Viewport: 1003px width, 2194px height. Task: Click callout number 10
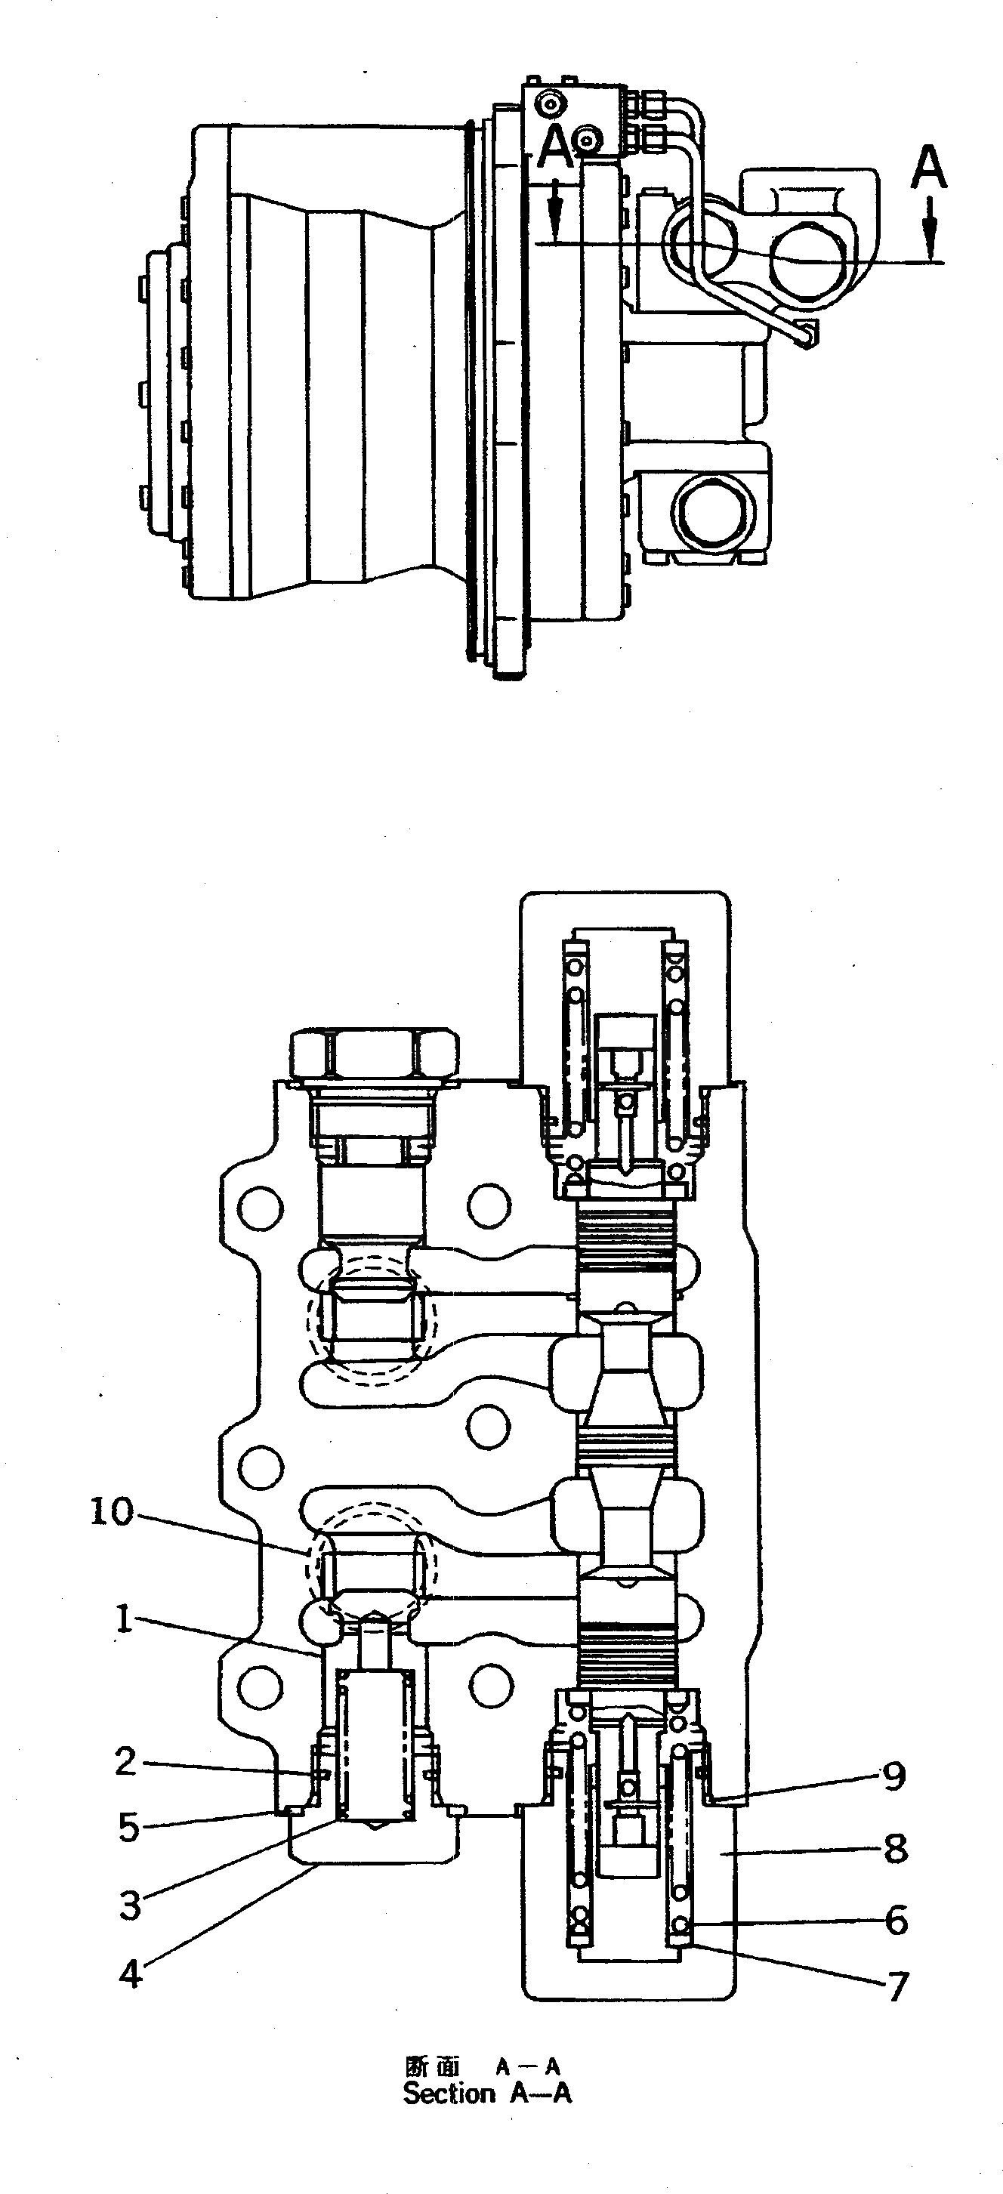click(112, 1513)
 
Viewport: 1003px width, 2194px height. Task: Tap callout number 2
click(126, 1761)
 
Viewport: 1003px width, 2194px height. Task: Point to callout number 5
click(128, 1827)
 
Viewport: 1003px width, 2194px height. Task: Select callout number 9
click(893, 1776)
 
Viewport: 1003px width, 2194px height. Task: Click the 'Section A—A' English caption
click(487, 2094)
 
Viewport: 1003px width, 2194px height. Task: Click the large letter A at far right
click(928, 167)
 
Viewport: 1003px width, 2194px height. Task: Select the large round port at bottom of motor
click(714, 513)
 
